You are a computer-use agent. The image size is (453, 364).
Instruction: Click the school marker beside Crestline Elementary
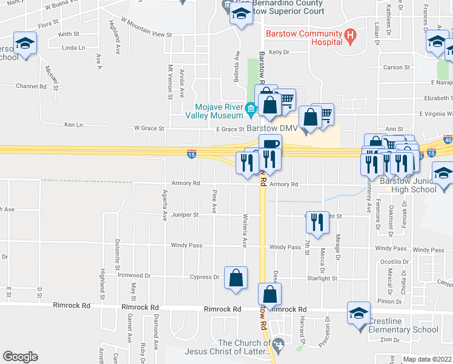coord(359,314)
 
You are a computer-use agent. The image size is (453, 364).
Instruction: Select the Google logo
coord(20,357)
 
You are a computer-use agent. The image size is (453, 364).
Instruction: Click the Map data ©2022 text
coord(427,359)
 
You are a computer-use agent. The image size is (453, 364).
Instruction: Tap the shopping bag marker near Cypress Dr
coord(236,278)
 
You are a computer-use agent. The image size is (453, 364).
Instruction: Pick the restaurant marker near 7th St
coord(317,223)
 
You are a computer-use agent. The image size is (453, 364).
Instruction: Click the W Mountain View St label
coord(147,28)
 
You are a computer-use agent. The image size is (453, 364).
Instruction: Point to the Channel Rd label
coord(31,86)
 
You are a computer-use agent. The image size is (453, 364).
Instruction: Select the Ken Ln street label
coord(73,124)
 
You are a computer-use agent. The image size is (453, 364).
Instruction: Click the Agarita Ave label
coord(164,205)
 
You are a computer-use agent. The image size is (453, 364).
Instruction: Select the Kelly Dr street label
coord(279,53)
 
